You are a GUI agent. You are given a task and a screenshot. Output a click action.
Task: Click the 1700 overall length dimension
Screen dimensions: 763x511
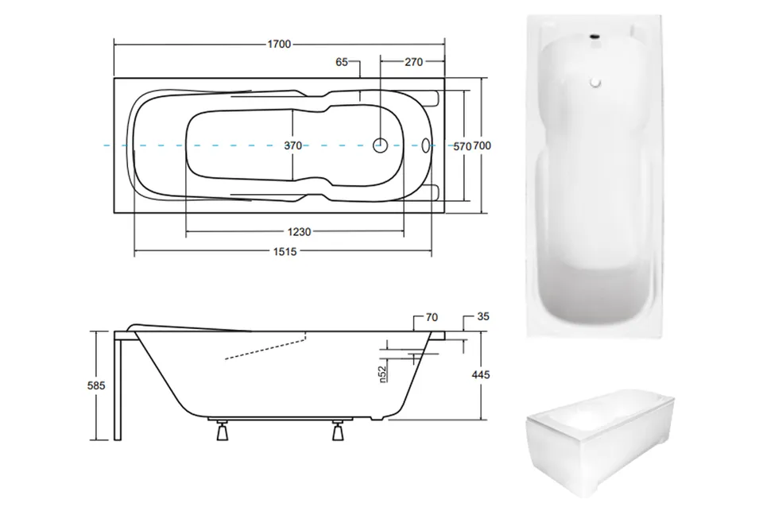pos(279,45)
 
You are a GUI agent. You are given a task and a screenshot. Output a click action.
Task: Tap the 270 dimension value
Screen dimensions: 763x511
pos(413,62)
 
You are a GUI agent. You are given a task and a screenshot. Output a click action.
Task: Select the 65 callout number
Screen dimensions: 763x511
pos(342,62)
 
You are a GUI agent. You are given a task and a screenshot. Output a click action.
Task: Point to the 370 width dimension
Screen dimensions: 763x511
pos(293,145)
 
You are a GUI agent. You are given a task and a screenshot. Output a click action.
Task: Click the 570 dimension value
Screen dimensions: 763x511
pos(463,146)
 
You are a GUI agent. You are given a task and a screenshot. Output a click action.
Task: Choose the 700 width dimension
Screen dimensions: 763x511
pos(482,145)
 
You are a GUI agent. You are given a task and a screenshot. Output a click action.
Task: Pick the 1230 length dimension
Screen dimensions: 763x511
pos(299,232)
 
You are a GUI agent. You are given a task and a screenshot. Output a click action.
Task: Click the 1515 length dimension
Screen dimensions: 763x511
pos(285,252)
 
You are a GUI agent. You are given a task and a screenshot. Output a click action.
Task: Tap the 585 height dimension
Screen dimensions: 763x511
pos(96,385)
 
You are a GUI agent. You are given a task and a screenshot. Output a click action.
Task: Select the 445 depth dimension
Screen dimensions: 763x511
pos(481,375)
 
